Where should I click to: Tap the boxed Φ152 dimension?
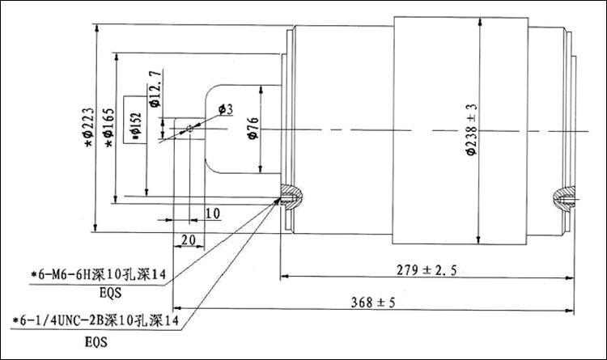tap(134, 121)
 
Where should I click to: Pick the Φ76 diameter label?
tap(253, 129)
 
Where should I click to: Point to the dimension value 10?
tap(212, 214)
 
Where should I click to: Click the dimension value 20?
tap(188, 240)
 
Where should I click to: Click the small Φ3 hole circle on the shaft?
tap(190, 128)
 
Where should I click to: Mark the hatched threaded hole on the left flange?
tap(291, 195)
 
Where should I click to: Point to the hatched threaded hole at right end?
tap(563, 197)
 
